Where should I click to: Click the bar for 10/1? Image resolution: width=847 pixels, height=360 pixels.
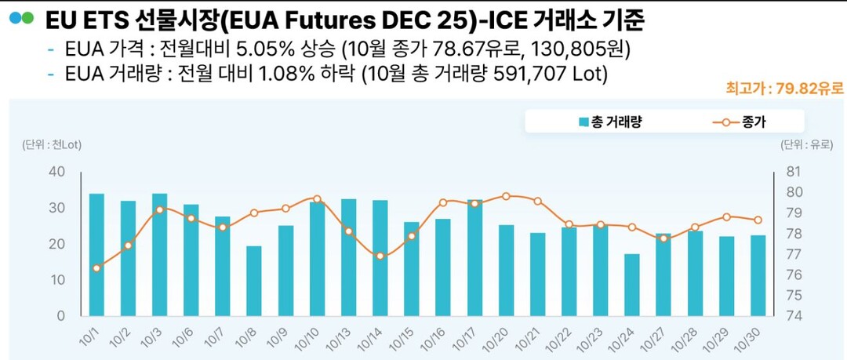point(96,254)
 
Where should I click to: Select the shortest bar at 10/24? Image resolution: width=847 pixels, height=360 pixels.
point(631,284)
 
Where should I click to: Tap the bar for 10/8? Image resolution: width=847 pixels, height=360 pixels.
point(253,280)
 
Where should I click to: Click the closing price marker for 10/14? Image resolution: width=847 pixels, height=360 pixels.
point(380,256)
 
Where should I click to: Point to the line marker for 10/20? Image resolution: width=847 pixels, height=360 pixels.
point(506,196)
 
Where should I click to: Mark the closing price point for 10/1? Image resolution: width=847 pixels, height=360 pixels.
point(96,268)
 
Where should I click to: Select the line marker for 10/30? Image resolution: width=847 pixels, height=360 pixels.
point(758,220)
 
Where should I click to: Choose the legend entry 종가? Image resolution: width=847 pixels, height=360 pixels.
point(741,122)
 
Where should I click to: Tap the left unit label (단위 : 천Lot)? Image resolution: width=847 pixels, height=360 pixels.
point(53,144)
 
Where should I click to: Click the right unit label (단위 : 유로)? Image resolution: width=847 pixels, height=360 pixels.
point(805,144)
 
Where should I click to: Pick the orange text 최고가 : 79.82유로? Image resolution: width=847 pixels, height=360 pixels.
point(786,88)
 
